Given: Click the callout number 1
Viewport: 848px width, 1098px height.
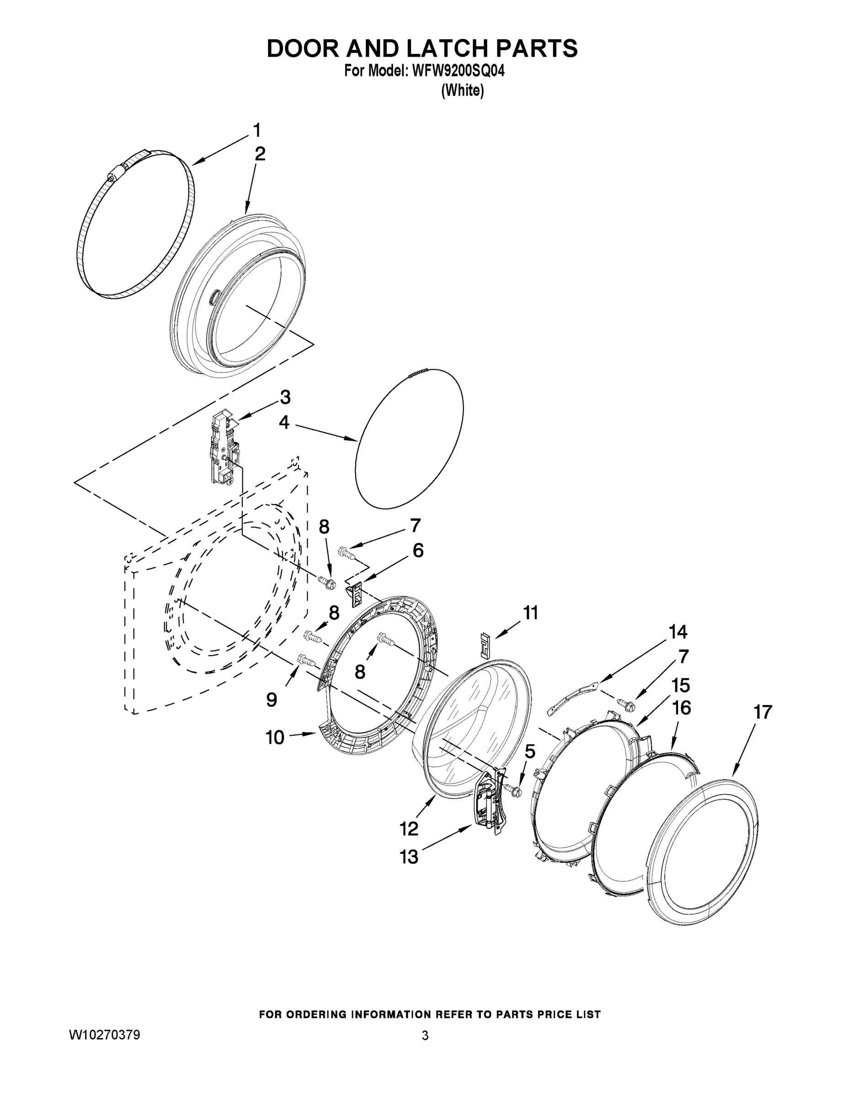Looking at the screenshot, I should [257, 130].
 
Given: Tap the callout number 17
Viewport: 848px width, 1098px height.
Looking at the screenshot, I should [763, 712].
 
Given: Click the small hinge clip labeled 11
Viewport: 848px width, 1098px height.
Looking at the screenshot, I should [485, 644].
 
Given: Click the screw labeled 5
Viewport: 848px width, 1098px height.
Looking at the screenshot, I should [514, 790].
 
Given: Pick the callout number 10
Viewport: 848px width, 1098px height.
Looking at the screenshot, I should [275, 737].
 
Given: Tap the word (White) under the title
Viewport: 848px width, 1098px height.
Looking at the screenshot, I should [462, 91].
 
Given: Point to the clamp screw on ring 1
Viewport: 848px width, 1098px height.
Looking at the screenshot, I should [113, 176].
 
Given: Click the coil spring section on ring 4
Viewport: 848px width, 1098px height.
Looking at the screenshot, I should [418, 372].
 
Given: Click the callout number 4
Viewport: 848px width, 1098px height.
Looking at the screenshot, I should [284, 422].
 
